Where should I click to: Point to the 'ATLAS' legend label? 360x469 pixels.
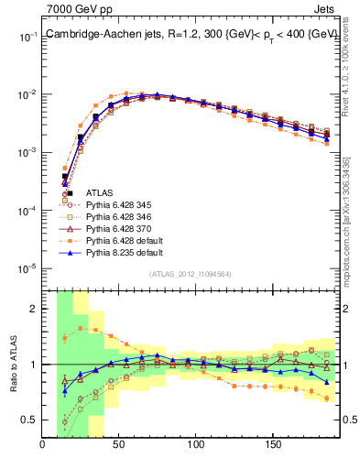click(99, 192)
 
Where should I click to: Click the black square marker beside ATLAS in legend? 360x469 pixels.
click(70, 192)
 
